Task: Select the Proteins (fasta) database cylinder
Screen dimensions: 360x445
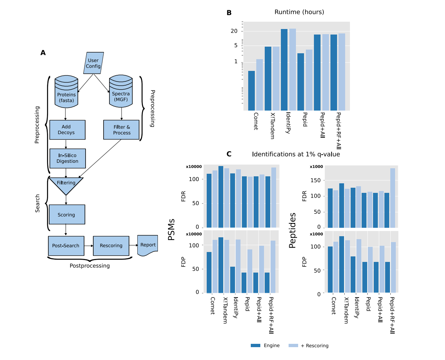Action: (66, 92)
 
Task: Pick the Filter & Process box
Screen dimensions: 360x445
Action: (122, 130)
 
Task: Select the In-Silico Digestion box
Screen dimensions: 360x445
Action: (67, 158)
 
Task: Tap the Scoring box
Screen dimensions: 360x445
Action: (66, 215)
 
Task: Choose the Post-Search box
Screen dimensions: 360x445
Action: (66, 246)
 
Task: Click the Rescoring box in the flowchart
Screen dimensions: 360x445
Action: (111, 246)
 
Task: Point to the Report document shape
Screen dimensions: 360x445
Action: (148, 245)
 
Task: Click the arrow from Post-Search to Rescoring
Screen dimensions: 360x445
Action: (88, 246)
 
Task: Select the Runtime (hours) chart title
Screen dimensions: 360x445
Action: (299, 12)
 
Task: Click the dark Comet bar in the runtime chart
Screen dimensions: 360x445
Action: (252, 90)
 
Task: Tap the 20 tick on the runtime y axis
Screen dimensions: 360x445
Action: (234, 31)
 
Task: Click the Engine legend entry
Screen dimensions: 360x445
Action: (265, 346)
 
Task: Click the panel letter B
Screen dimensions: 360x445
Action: (229, 13)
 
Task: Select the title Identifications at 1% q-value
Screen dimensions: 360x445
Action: (296, 154)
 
